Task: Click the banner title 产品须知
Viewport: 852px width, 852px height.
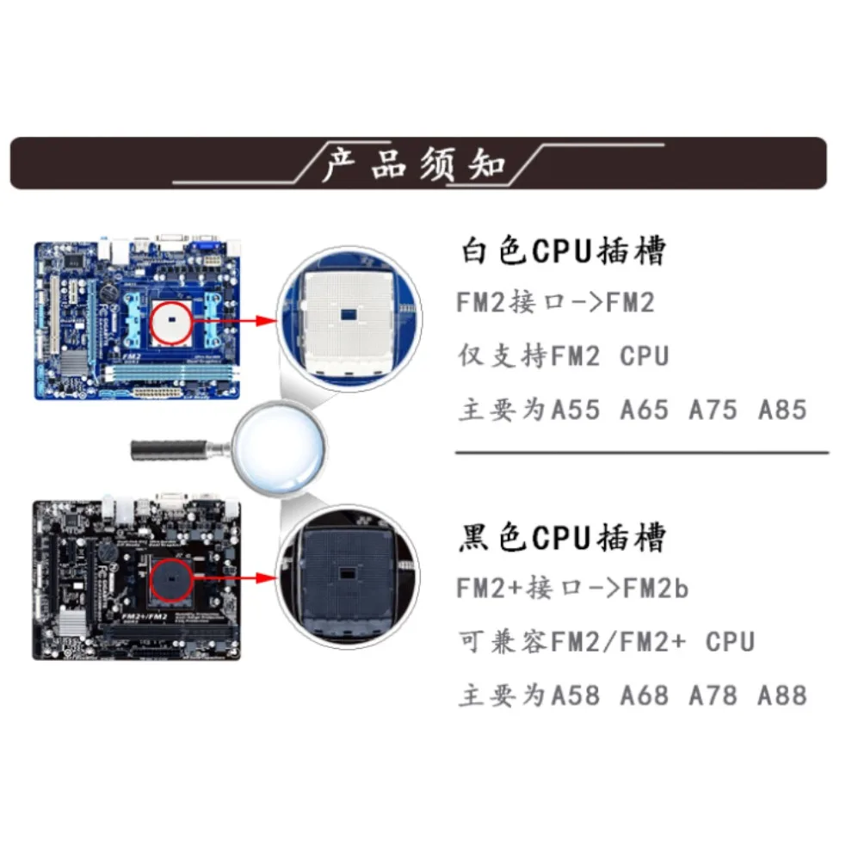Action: (x=415, y=163)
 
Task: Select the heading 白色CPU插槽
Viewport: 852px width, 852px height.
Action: (x=563, y=252)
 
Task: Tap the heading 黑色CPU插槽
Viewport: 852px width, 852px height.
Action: (x=563, y=539)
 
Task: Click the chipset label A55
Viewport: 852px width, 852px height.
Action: (x=575, y=410)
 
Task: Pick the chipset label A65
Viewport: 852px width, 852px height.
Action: (x=644, y=410)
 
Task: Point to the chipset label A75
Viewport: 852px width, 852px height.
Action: (x=713, y=410)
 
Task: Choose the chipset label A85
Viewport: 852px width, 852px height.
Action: (x=782, y=410)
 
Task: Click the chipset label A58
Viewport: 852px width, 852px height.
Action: (x=575, y=695)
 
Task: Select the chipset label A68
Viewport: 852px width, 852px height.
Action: (x=644, y=695)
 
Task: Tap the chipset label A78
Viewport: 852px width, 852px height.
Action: (x=713, y=695)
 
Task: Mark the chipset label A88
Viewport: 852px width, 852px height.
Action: (x=782, y=695)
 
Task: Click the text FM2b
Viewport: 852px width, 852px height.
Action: (x=656, y=589)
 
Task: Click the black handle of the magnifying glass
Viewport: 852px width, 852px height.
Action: (x=169, y=448)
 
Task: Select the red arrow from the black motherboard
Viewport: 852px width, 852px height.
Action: (x=237, y=577)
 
